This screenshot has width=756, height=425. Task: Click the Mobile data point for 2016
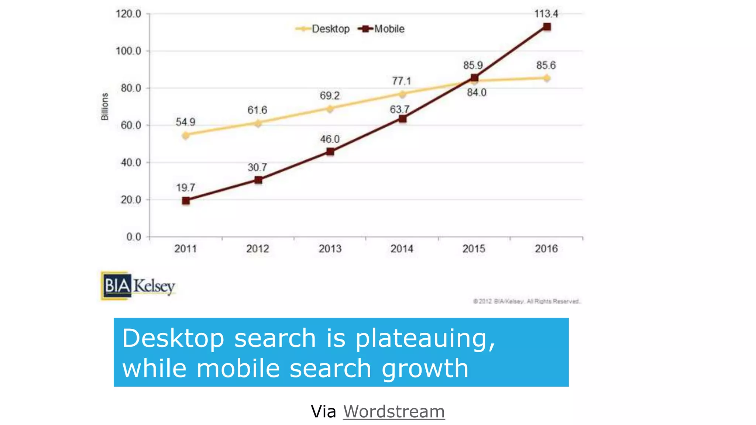547,27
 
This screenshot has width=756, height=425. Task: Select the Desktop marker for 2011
186,135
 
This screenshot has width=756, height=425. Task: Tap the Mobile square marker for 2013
330,152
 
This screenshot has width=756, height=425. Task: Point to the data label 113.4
546,14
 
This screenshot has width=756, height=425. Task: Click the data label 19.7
185,188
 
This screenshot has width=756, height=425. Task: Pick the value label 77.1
401,81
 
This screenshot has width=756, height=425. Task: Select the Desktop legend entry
323,29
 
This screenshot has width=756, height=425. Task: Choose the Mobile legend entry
382,29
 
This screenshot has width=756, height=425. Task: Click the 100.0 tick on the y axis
128,51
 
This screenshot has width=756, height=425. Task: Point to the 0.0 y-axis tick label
134,237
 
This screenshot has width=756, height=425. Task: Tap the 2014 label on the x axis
402,249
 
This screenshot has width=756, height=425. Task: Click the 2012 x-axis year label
258,249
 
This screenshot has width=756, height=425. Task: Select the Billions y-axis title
105,107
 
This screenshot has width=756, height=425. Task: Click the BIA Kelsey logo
138,286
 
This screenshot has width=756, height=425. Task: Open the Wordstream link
394,411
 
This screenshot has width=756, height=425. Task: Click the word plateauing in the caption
425,338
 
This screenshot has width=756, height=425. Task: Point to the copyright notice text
527,301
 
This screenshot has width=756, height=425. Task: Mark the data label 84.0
477,93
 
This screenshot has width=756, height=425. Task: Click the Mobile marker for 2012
258,180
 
